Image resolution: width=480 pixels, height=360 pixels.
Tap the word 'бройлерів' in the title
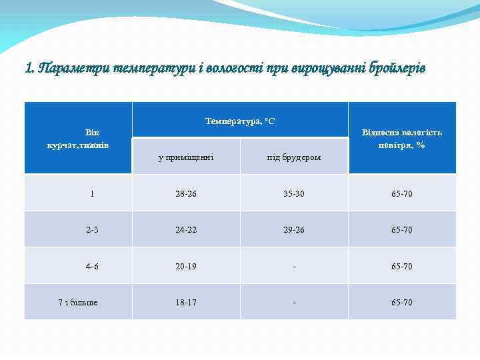tap(391, 68)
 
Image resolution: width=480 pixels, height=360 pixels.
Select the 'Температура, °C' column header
tap(240, 121)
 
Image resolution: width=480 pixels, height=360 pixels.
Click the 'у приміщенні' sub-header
tap(186, 157)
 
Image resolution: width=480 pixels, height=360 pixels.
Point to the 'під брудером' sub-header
tap(294, 157)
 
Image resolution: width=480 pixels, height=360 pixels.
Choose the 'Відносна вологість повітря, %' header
tap(401, 139)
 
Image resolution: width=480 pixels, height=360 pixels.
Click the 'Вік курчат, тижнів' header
tap(79, 139)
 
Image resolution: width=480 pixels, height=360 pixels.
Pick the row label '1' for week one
tap(92, 193)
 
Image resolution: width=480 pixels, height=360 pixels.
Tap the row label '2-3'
tap(92, 230)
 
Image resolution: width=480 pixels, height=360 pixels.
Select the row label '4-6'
tap(92, 266)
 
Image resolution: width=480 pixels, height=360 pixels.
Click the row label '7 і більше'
tap(78, 303)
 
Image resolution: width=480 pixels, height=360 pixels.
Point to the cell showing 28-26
tap(186, 193)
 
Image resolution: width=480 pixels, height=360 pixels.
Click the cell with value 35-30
tap(294, 193)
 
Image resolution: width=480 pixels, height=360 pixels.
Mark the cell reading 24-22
tap(186, 230)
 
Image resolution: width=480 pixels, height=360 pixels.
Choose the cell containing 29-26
tap(294, 230)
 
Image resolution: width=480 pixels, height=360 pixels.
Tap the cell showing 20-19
tap(186, 266)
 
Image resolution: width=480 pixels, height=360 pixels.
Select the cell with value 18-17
tap(186, 303)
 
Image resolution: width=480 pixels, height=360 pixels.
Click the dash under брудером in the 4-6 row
tap(294, 266)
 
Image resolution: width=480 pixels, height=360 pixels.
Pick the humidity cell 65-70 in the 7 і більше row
tap(402, 303)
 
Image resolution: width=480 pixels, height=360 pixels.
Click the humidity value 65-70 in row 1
tap(402, 193)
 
